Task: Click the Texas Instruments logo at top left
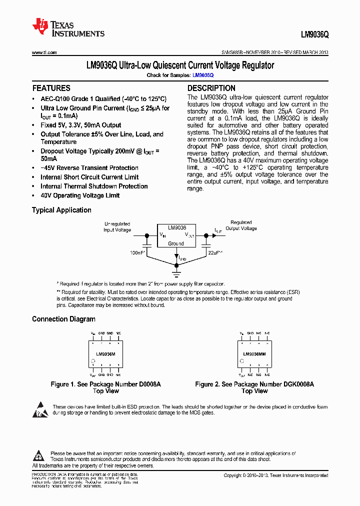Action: (68, 28)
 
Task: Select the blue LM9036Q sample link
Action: (203, 75)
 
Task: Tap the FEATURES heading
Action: (51, 88)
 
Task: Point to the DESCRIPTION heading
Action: (211, 88)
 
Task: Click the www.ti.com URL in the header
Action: (44, 52)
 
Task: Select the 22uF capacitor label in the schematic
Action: (215, 253)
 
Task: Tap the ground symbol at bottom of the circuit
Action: (176, 273)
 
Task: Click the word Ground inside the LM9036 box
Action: (175, 243)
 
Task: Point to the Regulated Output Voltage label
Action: (241, 225)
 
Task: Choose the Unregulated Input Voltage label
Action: (117, 227)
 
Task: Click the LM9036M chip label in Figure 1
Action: (105, 354)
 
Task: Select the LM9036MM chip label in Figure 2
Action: (254, 354)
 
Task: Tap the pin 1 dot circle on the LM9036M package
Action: (93, 361)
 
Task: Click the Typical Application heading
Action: (61, 210)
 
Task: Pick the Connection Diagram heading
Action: (63, 319)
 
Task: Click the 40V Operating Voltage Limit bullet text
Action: (80, 195)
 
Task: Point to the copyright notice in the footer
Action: (275, 475)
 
